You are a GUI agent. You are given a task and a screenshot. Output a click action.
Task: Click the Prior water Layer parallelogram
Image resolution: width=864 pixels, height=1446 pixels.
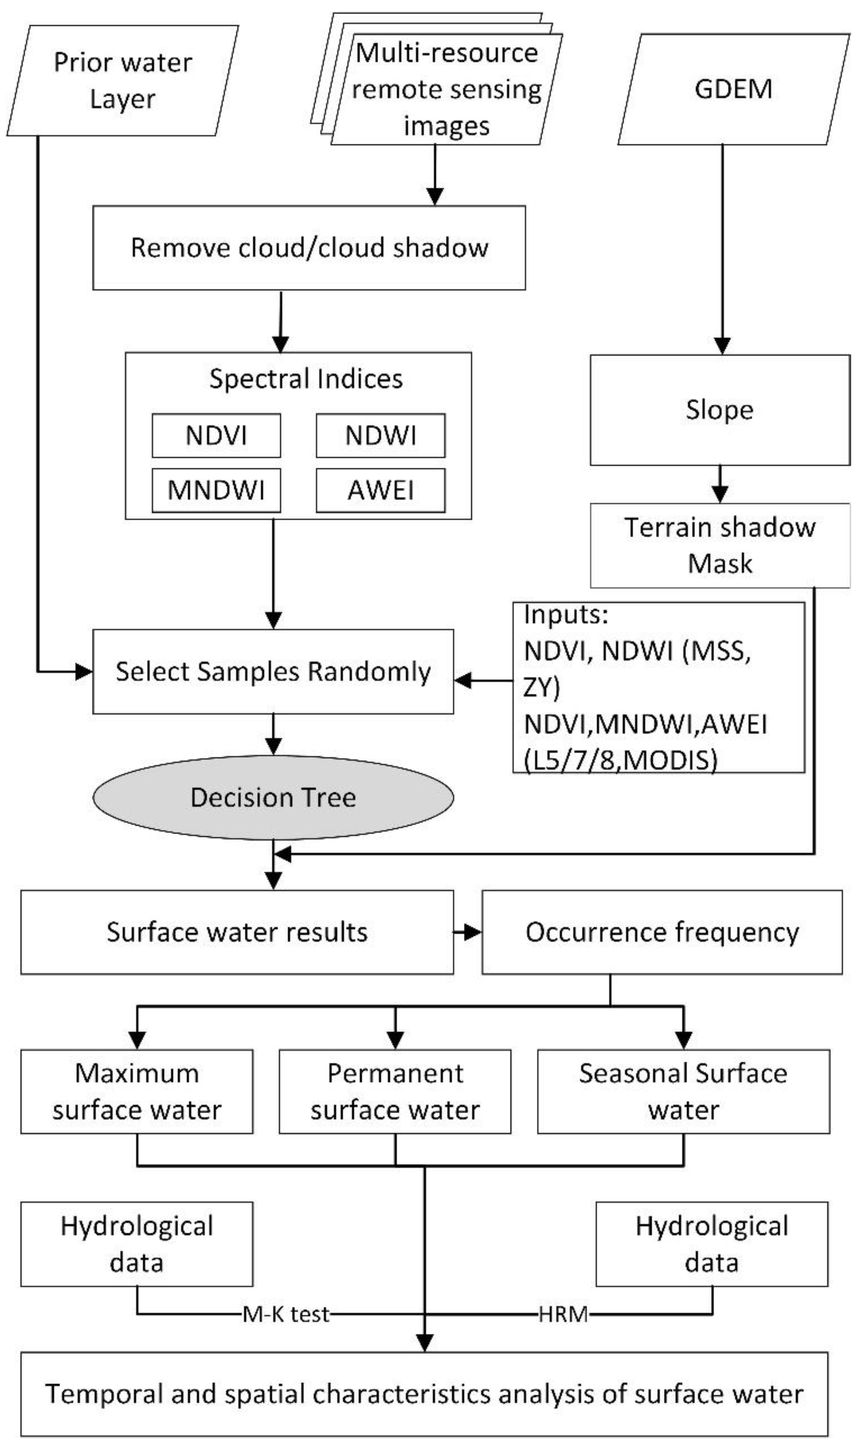pyautogui.click(x=122, y=80)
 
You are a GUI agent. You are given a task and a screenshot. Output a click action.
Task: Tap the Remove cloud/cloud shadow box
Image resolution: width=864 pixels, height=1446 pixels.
pyautogui.click(x=309, y=247)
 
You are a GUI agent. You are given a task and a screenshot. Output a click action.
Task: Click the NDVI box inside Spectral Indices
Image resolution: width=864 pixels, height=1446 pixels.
pyautogui.click(x=216, y=435)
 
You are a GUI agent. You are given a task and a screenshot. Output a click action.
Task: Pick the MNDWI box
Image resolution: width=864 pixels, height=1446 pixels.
pyautogui.click(x=216, y=490)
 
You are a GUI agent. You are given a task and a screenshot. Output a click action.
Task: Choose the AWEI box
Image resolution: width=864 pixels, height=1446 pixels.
pyautogui.click(x=380, y=490)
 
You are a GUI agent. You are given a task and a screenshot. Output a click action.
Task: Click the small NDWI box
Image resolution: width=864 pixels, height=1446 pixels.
pyautogui.click(x=380, y=435)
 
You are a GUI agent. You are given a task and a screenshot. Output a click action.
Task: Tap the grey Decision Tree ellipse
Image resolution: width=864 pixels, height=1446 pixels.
pyautogui.click(x=273, y=797)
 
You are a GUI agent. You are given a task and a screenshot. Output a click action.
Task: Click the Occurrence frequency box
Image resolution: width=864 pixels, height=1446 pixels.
pyautogui.click(x=661, y=932)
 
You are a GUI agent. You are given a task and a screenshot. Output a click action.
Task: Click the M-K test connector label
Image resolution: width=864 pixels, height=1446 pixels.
pyautogui.click(x=286, y=1314)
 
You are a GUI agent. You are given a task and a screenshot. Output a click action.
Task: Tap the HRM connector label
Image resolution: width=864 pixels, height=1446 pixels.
pyautogui.click(x=562, y=1314)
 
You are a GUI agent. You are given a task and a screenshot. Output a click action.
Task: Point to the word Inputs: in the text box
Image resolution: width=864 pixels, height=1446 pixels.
pyautogui.click(x=565, y=616)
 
